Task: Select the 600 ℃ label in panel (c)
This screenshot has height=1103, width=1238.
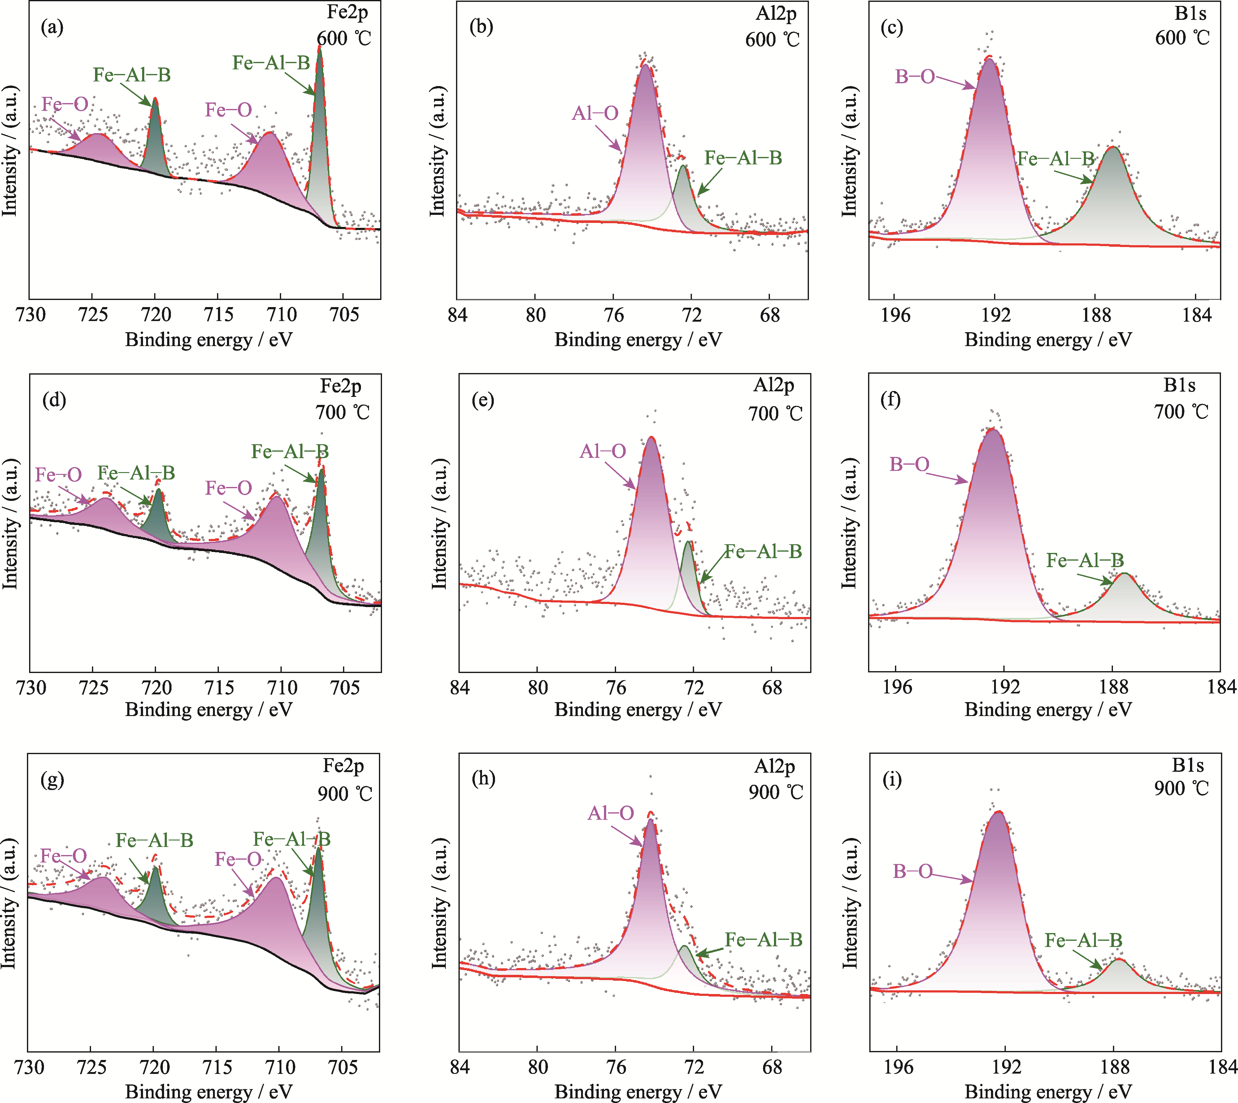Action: tap(1182, 37)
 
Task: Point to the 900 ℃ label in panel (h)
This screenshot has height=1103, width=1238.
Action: tap(775, 792)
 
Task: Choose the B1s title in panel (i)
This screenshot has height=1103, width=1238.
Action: tap(1188, 766)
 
